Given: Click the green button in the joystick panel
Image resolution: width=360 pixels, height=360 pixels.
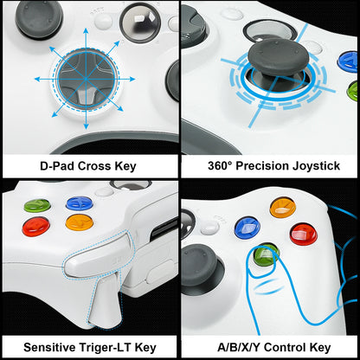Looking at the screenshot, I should [352, 90].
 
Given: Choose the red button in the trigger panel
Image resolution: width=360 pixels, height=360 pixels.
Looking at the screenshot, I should [36, 226].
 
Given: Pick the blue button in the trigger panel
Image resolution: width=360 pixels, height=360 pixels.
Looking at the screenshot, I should [74, 204].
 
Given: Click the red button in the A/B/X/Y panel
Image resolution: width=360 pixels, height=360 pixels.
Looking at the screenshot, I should [303, 234].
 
